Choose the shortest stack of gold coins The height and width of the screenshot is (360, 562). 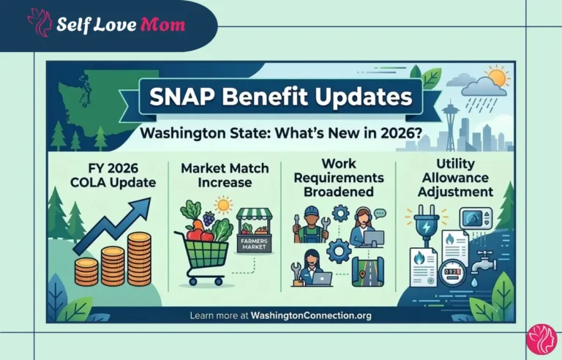click(x=86, y=271)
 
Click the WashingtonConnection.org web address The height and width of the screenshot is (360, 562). click(x=311, y=315)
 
